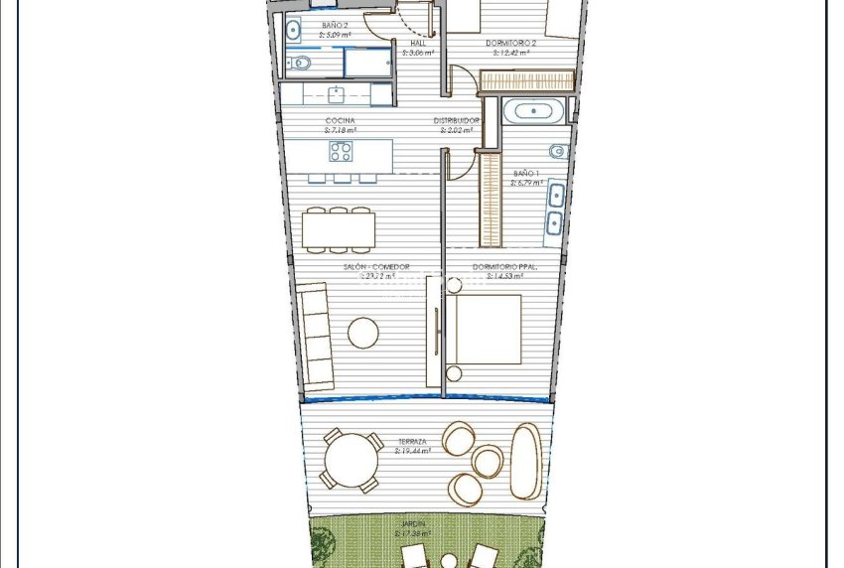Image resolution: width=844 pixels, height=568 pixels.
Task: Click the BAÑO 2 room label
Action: click(x=335, y=25)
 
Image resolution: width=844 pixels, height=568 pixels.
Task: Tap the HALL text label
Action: click(x=417, y=44)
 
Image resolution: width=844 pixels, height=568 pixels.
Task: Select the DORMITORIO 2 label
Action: click(x=511, y=44)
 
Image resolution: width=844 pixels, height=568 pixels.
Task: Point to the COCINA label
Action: click(x=340, y=121)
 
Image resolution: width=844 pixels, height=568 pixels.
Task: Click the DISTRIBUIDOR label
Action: click(x=456, y=121)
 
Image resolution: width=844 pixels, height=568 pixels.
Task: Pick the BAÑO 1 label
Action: click(x=526, y=173)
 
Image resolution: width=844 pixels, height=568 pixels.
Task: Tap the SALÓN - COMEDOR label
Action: click(x=376, y=267)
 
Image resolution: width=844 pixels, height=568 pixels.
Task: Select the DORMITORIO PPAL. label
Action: click(x=504, y=267)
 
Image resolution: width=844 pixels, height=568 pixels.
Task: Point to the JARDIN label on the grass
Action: click(x=414, y=523)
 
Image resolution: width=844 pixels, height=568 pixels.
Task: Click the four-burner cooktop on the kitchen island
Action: click(x=341, y=152)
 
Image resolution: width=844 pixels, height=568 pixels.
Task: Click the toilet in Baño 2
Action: click(x=301, y=64)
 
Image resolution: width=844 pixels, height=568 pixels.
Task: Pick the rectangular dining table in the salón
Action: click(x=339, y=231)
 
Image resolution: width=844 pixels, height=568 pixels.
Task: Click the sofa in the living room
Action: click(x=317, y=336)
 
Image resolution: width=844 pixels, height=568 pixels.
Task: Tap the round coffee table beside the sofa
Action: click(x=363, y=333)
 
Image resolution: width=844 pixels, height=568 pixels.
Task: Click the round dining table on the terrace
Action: click(x=352, y=461)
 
